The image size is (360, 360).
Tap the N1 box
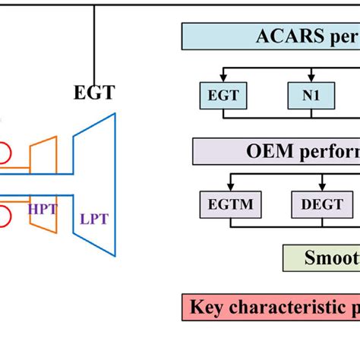pos(306,96)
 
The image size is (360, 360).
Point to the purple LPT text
pos(94,219)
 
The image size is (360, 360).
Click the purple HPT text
pos(43,208)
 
